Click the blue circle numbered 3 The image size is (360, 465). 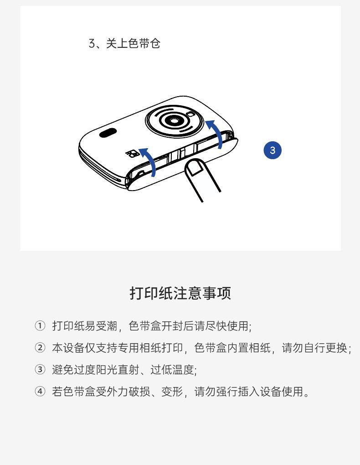tap(273, 150)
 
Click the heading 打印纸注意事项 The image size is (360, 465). tap(180, 293)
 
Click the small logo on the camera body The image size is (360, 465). tap(132, 154)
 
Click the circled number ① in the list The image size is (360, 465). tap(40, 326)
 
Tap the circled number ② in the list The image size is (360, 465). tap(40, 348)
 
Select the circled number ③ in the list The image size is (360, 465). tap(40, 370)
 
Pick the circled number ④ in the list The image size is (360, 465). tap(40, 392)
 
